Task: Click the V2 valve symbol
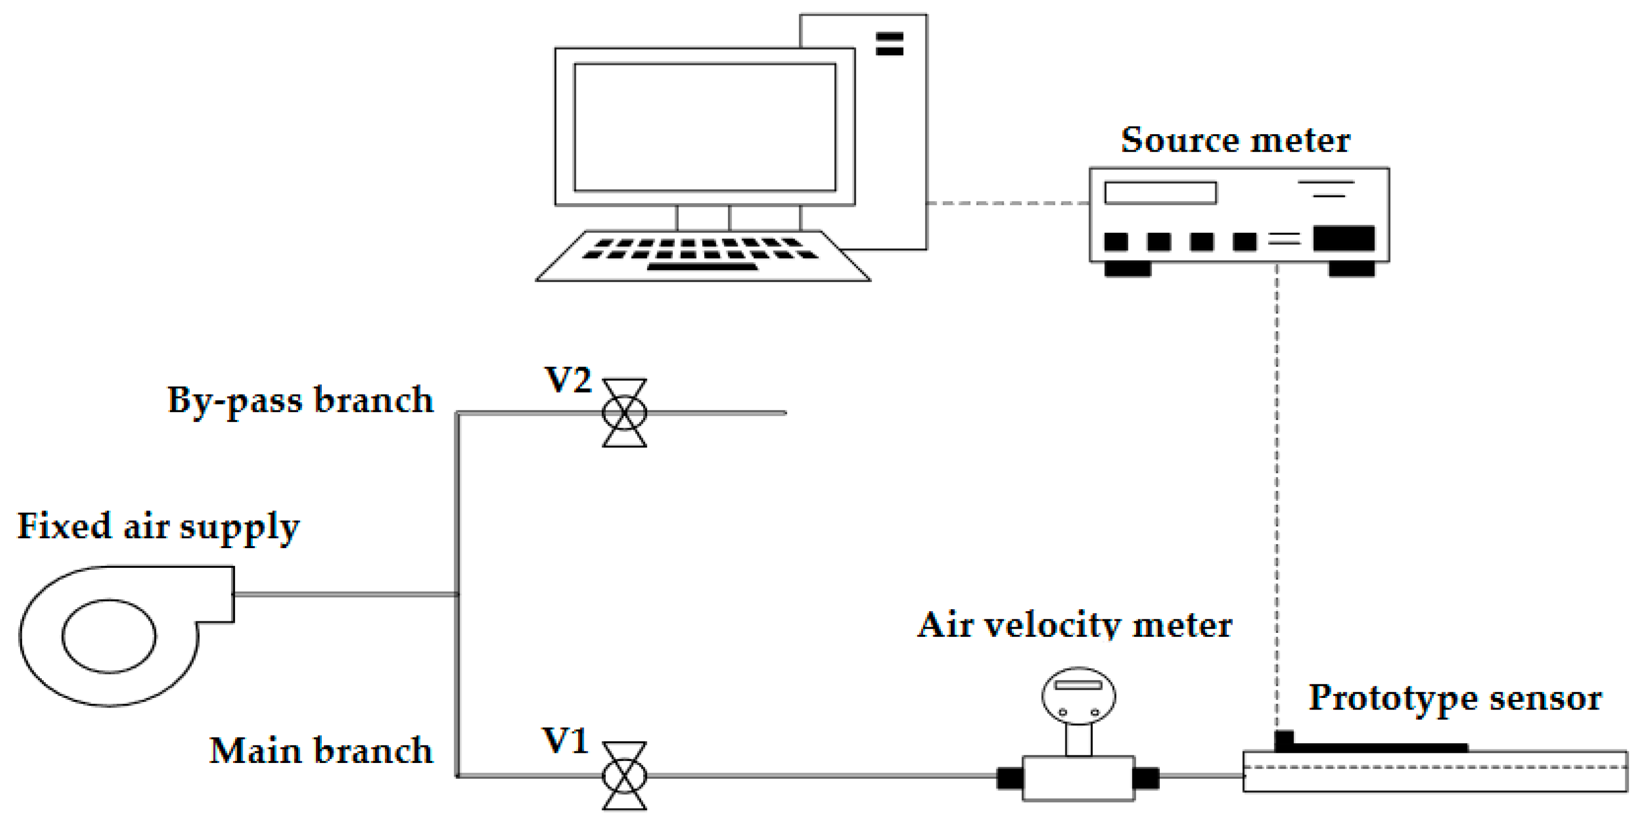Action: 624,413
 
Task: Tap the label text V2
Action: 568,380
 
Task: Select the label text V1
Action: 565,741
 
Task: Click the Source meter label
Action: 1235,140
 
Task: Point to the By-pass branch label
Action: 300,401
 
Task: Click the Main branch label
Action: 321,751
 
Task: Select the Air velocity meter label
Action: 1074,625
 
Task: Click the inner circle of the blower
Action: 108,636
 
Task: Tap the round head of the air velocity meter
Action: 1078,695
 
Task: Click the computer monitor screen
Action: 705,127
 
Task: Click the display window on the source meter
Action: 1160,193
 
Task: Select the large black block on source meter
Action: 1343,238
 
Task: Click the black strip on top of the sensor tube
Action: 1379,747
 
